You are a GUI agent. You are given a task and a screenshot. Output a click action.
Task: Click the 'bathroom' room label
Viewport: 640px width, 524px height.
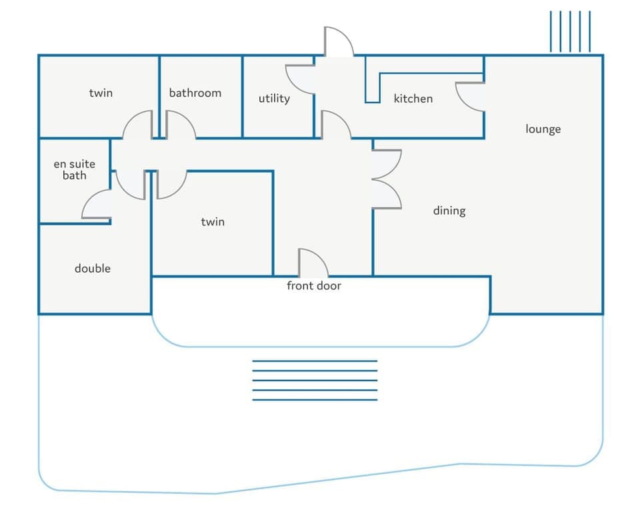tap(195, 93)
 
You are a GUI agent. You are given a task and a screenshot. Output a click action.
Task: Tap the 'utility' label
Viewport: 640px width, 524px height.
tap(274, 99)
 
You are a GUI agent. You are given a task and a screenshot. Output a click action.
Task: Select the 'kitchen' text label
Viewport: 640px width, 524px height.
tap(413, 99)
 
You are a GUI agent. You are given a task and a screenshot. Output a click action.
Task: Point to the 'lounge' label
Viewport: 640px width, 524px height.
tap(543, 129)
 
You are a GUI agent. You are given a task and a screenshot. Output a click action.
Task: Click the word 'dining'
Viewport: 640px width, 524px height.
tap(449, 211)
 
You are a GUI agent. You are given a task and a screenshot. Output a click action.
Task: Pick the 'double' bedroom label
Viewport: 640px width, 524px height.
tap(93, 268)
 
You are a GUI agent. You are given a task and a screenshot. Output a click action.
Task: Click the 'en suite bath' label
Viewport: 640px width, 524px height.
tap(74, 170)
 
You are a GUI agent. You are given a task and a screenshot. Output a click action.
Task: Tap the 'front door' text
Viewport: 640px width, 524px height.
tap(314, 286)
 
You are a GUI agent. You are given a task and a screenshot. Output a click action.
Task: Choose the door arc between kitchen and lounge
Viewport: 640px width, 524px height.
tap(461, 102)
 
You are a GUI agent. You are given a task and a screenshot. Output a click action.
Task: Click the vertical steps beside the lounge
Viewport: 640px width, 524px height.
tap(570, 31)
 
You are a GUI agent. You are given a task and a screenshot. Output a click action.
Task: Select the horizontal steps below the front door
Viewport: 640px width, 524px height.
tap(315, 381)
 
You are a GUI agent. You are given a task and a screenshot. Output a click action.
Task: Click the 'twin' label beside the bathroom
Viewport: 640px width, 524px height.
tap(101, 93)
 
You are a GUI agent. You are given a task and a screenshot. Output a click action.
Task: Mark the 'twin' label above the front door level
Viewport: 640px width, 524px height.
tap(213, 221)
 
